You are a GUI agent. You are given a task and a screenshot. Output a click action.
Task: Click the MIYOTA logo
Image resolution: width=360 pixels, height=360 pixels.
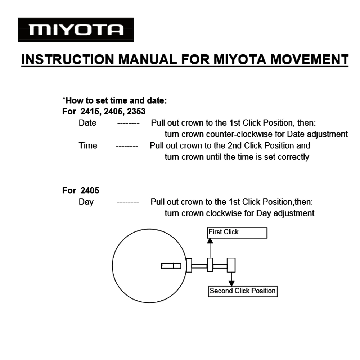(x=76, y=30)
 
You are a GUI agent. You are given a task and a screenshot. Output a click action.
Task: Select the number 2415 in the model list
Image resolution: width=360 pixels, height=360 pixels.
(x=90, y=111)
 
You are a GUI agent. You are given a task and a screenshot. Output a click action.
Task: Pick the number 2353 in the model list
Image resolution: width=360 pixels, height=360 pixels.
(x=136, y=111)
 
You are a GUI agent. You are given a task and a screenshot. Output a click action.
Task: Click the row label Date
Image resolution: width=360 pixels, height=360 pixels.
(x=87, y=123)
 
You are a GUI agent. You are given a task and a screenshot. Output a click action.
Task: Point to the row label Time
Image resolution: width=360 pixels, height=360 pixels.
(x=88, y=145)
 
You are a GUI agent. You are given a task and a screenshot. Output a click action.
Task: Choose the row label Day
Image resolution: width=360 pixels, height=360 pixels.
(x=86, y=202)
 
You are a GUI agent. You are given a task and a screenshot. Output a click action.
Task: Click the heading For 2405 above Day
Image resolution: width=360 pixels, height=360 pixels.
(x=81, y=190)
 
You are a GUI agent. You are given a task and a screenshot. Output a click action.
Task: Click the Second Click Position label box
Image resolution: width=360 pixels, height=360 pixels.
(x=243, y=291)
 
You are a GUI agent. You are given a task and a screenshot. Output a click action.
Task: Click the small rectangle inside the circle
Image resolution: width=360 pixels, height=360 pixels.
(x=171, y=266)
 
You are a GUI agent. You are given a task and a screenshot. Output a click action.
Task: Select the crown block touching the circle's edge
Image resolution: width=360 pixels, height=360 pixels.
(x=189, y=266)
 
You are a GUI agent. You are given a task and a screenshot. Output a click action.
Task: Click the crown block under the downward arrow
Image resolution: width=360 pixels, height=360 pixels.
(x=231, y=265)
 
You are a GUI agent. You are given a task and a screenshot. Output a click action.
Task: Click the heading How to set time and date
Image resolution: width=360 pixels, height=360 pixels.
(x=114, y=100)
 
